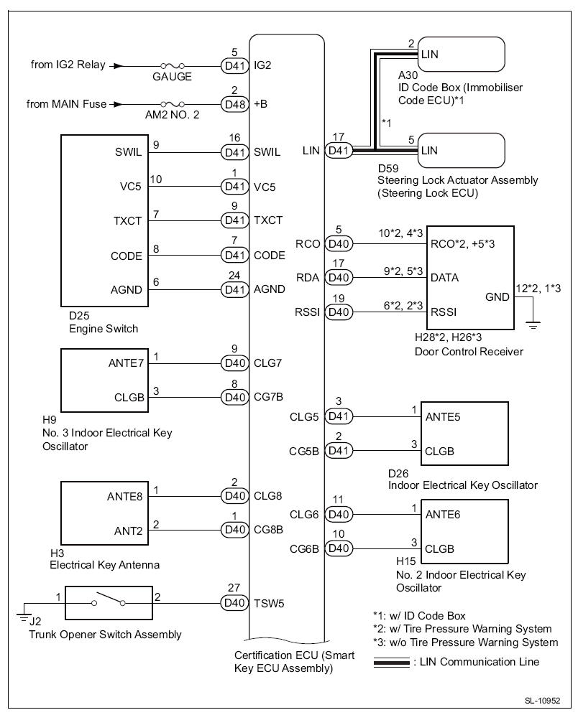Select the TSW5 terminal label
pyautogui.click(x=270, y=603)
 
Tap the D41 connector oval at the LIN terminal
pyautogui.click(x=339, y=151)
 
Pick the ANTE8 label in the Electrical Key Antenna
pyautogui.click(x=124, y=496)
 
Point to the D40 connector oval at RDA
pyautogui.click(x=339, y=277)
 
